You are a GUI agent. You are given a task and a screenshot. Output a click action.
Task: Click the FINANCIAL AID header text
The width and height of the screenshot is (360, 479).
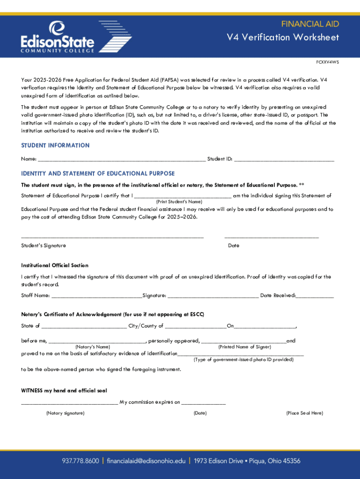point(310,24)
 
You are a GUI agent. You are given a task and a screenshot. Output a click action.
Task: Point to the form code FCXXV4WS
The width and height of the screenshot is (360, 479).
point(327,62)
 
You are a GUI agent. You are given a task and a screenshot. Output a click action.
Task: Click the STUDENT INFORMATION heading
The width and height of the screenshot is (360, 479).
point(55,145)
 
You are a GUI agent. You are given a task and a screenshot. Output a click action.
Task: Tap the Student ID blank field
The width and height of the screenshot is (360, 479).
point(284,160)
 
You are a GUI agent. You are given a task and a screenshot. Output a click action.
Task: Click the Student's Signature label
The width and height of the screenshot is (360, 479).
point(43,246)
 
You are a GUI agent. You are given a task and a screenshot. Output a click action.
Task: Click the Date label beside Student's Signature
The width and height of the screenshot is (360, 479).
point(234,246)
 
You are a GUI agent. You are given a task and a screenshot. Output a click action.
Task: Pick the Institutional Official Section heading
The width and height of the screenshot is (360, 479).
point(55,265)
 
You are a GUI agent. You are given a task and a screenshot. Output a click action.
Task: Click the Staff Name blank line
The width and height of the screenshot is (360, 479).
point(96,296)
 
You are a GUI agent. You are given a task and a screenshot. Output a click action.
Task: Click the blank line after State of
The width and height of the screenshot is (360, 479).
point(84,327)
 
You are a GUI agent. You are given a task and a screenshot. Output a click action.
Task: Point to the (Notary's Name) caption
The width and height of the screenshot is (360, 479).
point(93,347)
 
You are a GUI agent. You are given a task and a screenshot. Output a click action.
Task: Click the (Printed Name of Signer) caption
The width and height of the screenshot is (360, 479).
point(245,347)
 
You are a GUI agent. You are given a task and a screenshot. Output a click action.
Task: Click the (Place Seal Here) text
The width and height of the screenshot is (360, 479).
point(304,413)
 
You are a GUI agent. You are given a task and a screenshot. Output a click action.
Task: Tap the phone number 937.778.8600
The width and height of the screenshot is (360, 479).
point(80,461)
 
